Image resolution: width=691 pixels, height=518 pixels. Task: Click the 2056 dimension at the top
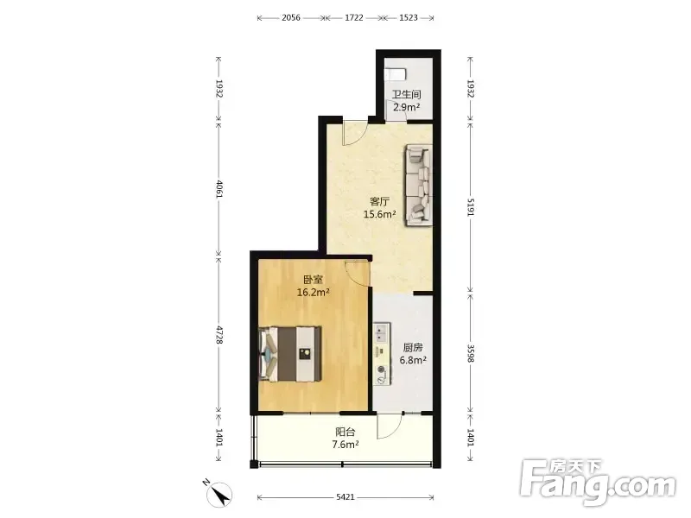click(x=291, y=17)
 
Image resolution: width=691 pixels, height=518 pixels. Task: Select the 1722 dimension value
click(x=354, y=17)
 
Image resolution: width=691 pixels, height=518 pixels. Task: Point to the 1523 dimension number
click(x=408, y=17)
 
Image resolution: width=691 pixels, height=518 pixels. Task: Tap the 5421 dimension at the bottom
click(x=345, y=497)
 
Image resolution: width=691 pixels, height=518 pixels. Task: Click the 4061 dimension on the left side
click(x=219, y=188)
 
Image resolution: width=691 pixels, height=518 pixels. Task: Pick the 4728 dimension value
click(x=219, y=335)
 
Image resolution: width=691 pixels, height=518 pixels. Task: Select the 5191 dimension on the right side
click(x=471, y=207)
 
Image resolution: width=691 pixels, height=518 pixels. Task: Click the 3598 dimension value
click(x=471, y=353)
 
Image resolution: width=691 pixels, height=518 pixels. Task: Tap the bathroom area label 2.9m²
click(x=406, y=107)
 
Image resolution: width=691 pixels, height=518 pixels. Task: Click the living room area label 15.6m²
click(x=379, y=214)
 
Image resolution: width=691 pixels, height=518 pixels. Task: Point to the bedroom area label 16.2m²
click(x=314, y=292)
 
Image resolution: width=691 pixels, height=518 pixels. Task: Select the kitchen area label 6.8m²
click(x=413, y=360)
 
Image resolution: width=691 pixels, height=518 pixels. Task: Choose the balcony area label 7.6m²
click(x=345, y=445)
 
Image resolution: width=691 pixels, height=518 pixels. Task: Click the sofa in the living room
click(x=418, y=185)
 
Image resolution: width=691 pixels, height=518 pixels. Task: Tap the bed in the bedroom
click(x=290, y=354)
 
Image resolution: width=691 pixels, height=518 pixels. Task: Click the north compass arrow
click(x=220, y=493)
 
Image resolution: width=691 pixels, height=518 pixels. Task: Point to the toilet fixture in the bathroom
click(x=396, y=74)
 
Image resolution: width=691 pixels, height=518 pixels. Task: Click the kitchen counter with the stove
click(x=382, y=354)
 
